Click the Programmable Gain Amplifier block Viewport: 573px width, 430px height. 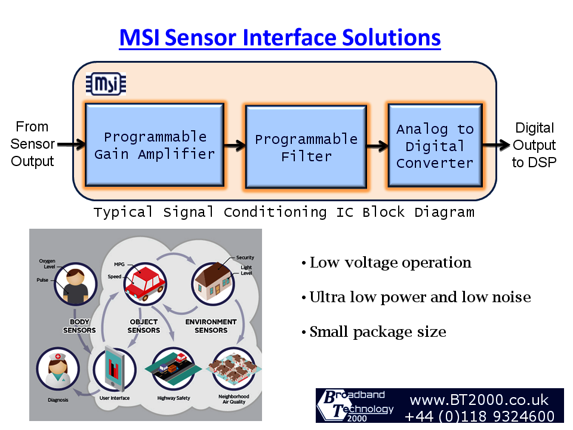(155, 145)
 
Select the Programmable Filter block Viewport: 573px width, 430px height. (306, 148)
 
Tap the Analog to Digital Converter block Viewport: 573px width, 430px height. (435, 146)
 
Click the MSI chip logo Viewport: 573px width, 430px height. (106, 84)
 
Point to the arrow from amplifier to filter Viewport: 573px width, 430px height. (236, 145)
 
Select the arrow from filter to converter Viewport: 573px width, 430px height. (377, 145)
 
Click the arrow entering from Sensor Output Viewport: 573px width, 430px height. (71, 144)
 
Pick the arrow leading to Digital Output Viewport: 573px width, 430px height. (496, 145)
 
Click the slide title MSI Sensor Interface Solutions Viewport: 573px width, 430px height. (280, 38)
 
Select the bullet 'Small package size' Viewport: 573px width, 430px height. (377, 332)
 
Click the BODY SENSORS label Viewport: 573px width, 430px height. (79, 326)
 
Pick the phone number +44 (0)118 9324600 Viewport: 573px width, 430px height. (480, 416)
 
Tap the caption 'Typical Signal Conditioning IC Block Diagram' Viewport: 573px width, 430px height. (284, 213)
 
